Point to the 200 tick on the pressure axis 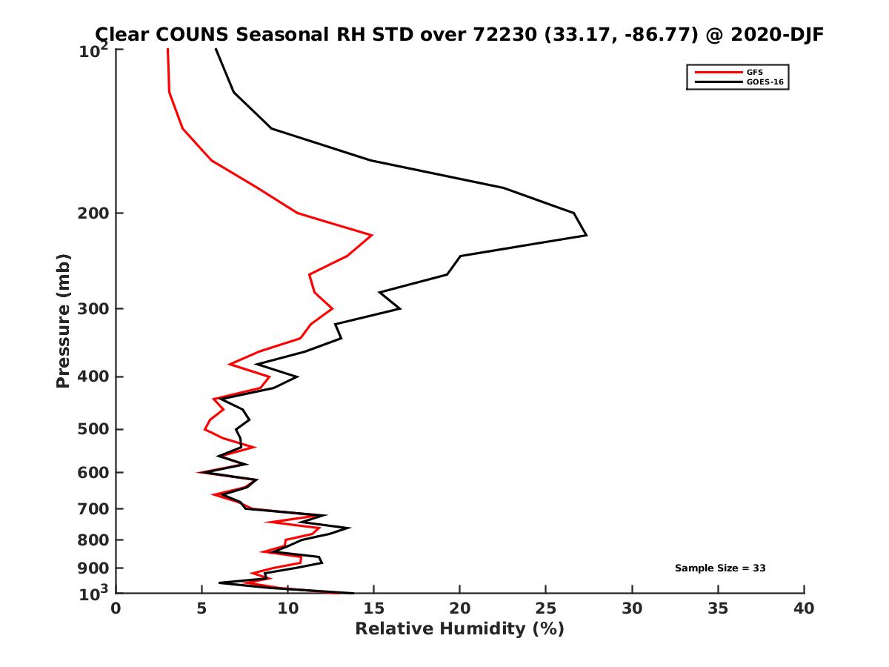click(x=95, y=213)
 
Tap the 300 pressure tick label click(x=95, y=308)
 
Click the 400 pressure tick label click(x=95, y=376)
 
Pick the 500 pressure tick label click(x=95, y=429)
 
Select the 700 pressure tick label click(x=95, y=508)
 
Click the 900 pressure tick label click(x=95, y=568)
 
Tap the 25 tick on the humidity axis click(x=546, y=608)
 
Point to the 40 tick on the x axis click(x=804, y=608)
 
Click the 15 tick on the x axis click(x=374, y=608)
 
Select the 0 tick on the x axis click(x=116, y=608)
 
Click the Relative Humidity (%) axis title click(x=459, y=629)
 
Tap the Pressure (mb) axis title click(x=63, y=321)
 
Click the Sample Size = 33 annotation click(x=720, y=568)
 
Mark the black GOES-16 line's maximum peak click(x=586, y=235)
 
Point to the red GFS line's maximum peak click(x=372, y=235)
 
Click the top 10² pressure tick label click(x=95, y=50)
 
